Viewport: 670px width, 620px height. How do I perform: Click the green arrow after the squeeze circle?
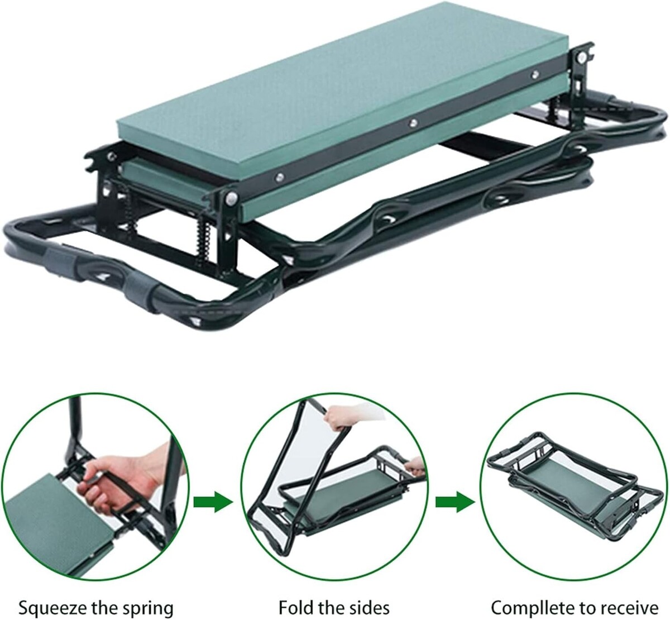click(213, 502)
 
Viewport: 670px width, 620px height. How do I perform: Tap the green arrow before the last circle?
click(456, 502)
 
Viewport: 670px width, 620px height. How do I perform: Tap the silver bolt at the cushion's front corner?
click(232, 197)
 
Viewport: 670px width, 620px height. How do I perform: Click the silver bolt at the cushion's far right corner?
click(580, 58)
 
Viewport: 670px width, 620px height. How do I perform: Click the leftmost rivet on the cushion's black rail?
click(279, 176)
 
